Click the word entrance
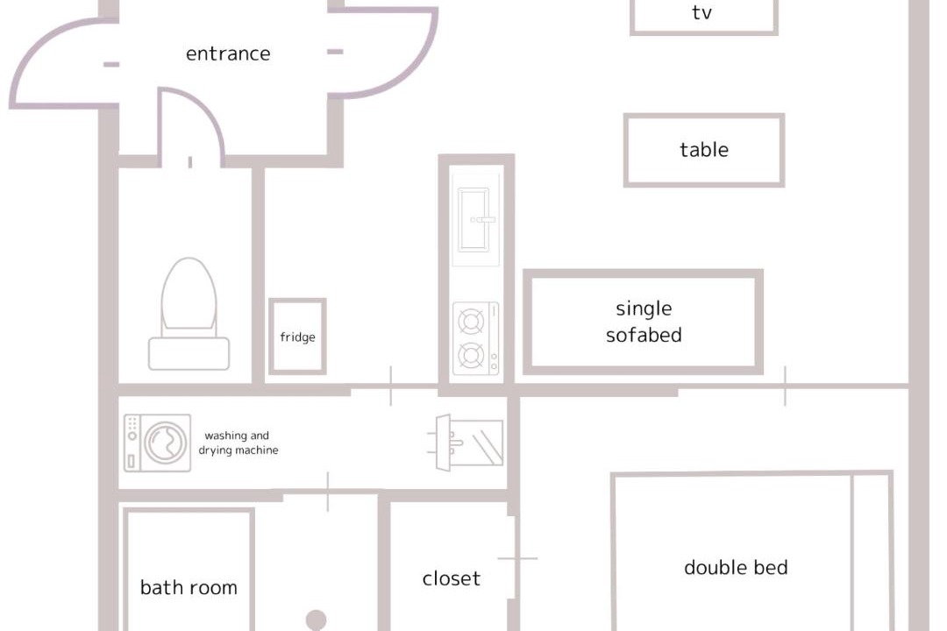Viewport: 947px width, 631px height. point(228,53)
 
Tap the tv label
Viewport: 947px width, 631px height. point(701,12)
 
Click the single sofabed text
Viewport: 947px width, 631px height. point(644,322)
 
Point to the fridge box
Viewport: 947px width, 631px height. point(298,300)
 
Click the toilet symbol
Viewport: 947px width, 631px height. point(189,314)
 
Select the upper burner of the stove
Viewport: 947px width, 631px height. point(471,322)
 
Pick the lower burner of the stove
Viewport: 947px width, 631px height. point(471,356)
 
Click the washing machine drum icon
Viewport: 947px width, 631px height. point(166,443)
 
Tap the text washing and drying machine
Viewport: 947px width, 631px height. point(239,443)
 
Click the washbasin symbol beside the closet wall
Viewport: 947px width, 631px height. point(465,443)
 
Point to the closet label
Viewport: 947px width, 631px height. point(452,578)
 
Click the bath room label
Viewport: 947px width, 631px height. point(189,587)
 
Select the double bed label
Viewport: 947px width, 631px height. point(736,568)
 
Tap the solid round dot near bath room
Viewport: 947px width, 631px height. point(316,620)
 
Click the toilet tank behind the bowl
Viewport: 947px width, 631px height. point(189,354)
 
